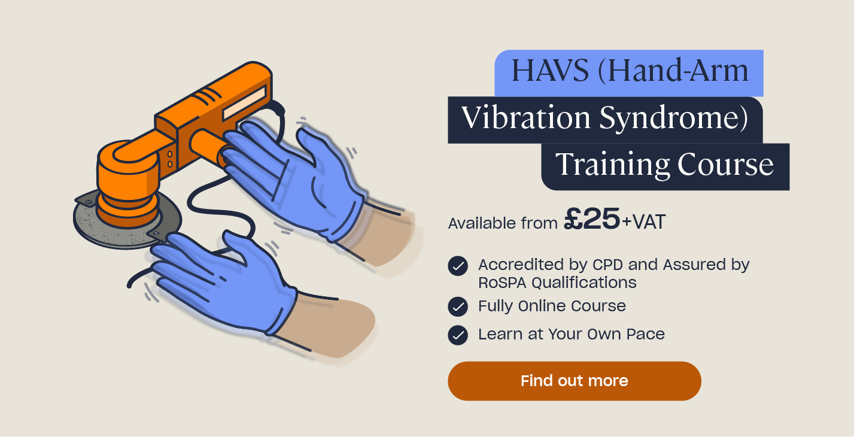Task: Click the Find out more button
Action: point(574,381)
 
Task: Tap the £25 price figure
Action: point(592,219)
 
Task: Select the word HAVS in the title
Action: point(550,70)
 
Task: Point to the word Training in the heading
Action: point(612,165)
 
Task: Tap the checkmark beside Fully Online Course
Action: point(458,306)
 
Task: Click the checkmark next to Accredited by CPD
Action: point(458,266)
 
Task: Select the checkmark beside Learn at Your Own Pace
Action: point(458,335)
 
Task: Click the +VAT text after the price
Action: point(643,222)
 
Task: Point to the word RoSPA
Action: point(503,283)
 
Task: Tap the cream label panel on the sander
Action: point(244,102)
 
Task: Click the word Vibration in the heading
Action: point(527,117)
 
